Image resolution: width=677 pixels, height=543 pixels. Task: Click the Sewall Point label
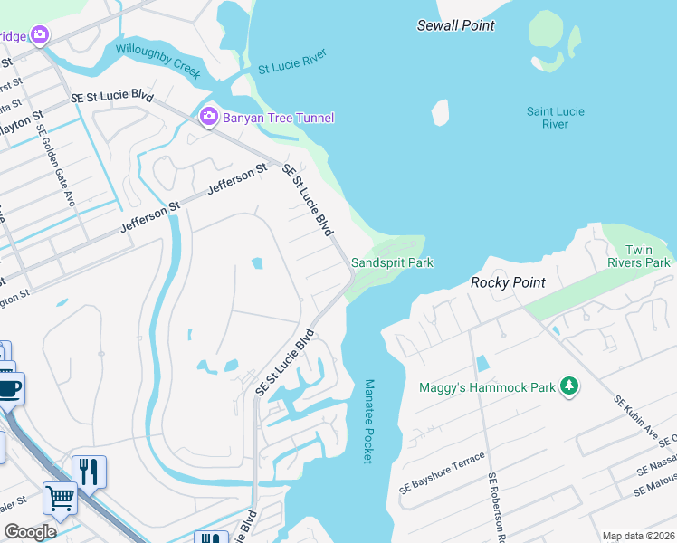point(455,25)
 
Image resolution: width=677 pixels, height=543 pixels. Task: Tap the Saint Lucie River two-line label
point(556,118)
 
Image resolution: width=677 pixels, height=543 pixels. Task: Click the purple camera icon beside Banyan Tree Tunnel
point(208,117)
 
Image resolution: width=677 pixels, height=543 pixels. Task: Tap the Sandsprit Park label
point(392,262)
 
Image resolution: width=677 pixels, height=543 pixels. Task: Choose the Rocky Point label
point(508,282)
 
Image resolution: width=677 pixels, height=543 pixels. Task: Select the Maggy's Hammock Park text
point(486,387)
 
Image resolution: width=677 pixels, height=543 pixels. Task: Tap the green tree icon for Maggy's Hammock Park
point(569,386)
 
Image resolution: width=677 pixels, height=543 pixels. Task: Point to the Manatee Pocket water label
point(367,422)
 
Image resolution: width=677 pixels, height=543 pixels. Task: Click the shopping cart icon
point(60,497)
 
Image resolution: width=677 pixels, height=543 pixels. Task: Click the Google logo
point(30,531)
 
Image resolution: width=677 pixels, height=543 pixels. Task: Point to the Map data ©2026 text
point(637,536)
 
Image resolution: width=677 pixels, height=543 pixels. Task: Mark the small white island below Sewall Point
point(441,112)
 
